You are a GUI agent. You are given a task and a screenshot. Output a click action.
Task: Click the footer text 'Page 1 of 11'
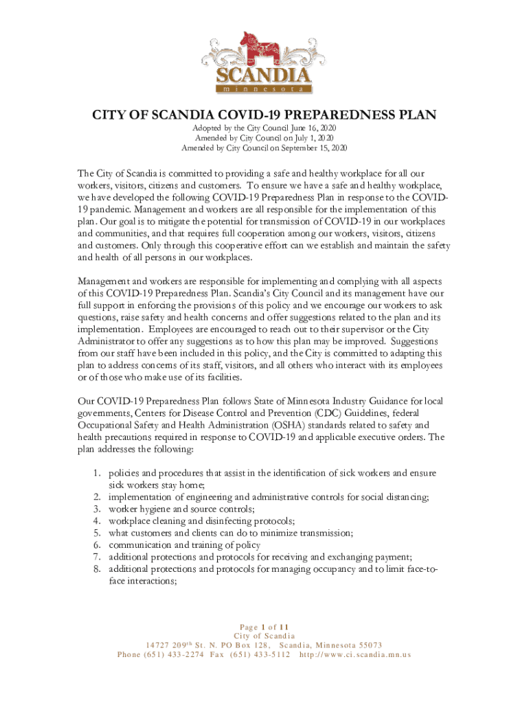tap(264, 626)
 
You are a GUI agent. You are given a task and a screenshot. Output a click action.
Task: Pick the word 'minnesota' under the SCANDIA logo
tap(264, 89)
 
